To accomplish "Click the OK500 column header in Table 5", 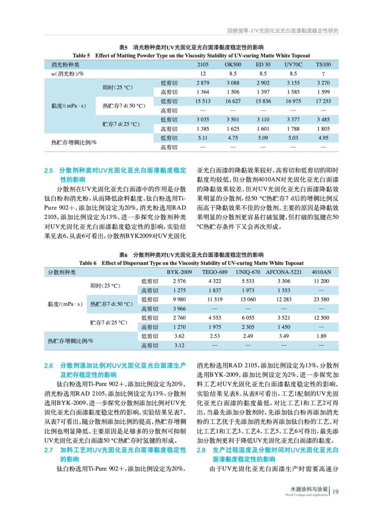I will [233, 64].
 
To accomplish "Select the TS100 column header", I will [323, 64].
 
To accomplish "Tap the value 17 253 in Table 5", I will [323, 101].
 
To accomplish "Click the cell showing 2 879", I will [203, 83].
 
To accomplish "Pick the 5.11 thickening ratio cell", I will [203, 138].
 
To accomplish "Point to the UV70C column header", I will [293, 64].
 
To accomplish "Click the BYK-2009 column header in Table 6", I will [179, 272].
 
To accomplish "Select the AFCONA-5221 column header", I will [284, 272].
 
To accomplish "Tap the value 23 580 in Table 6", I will [321, 300].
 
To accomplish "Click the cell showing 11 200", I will [321, 281].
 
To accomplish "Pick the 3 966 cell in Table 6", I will [179, 309].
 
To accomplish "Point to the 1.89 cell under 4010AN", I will [321, 336].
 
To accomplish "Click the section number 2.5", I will [48, 171].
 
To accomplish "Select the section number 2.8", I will [201, 450].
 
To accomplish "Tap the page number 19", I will [336, 492].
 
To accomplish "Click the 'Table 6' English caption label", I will [87, 263].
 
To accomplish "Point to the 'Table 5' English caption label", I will [81, 56].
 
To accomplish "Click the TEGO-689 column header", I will [215, 272].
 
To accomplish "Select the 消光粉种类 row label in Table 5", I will [66, 65].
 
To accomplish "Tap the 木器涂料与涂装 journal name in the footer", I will [309, 489].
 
